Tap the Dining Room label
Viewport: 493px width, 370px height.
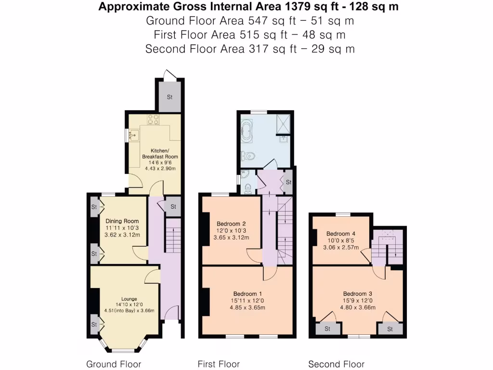coord(122,221)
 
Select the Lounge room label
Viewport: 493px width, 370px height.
coord(129,299)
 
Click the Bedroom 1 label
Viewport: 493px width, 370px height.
coord(247,294)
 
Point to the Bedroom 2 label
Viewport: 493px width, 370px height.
coord(231,224)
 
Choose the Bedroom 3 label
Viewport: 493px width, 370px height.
coord(357,293)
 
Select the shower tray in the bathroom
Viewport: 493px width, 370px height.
coord(282,122)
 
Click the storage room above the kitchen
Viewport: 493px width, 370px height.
coord(169,97)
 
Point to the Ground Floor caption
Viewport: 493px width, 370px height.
coord(114,364)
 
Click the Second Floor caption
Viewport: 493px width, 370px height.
coord(336,364)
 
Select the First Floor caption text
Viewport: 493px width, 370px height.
coord(219,364)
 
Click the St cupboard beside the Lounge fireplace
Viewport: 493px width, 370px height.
coord(94,324)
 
